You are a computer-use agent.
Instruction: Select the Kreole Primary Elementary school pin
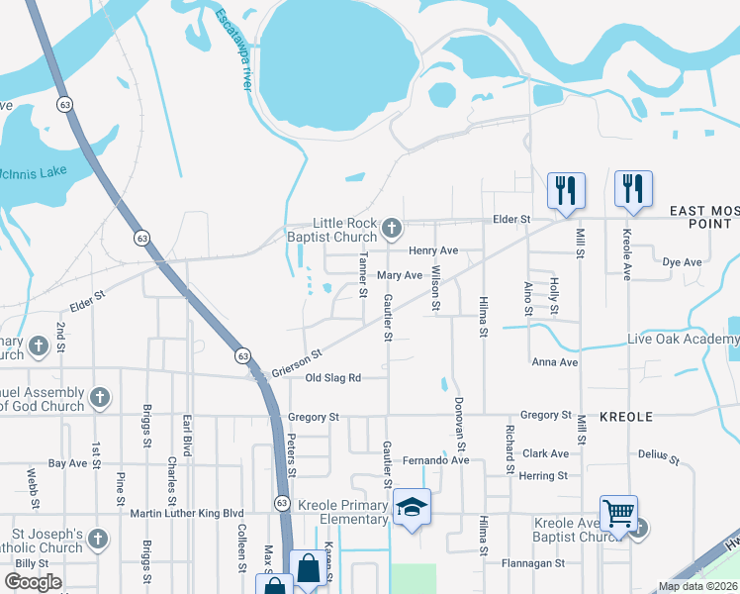pos(413,509)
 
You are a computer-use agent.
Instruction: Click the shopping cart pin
pos(618,515)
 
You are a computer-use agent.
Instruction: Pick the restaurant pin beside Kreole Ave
pos(633,189)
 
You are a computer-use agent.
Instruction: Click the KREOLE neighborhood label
pos(626,417)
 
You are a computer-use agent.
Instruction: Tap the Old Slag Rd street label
pos(333,378)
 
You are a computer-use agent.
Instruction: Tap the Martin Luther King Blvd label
pos(187,513)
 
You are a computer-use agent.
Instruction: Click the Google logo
pos(33,582)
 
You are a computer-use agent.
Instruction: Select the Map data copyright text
pos(697,586)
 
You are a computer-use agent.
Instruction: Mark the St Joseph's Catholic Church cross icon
pos(98,540)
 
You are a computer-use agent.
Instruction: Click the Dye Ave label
pos(681,262)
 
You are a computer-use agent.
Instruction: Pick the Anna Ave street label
pos(554,362)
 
